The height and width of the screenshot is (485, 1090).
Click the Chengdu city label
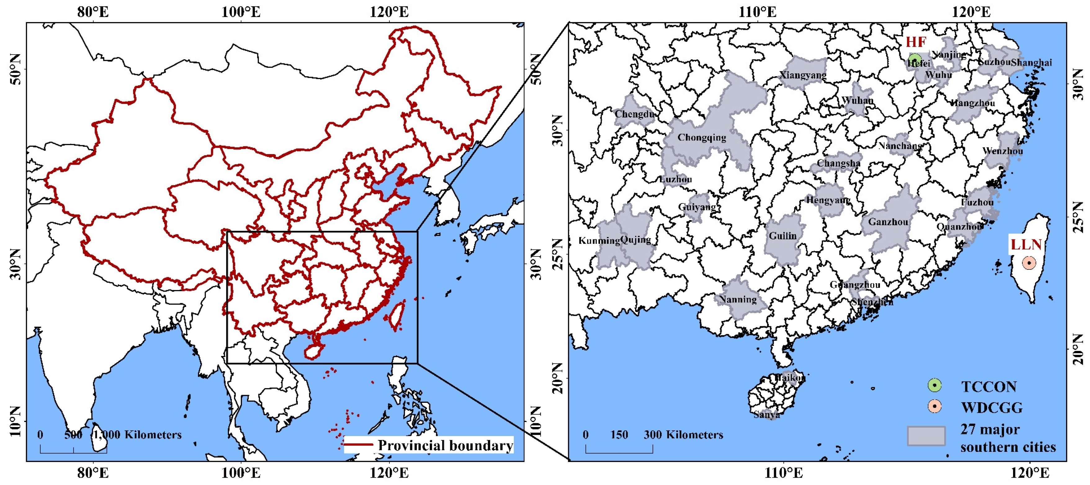click(634, 114)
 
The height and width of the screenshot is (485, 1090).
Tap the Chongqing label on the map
click(702, 137)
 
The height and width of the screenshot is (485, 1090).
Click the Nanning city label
click(738, 299)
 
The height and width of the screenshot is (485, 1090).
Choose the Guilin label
click(783, 236)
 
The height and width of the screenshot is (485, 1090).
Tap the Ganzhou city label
click(888, 222)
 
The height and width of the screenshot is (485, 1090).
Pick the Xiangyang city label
click(803, 75)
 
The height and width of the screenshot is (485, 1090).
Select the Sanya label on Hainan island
click(767, 414)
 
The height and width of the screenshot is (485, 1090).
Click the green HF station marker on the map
click(915, 59)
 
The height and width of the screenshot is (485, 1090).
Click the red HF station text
click(916, 42)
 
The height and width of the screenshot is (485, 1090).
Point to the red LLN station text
click(1026, 244)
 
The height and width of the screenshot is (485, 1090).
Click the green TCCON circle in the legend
click(934, 385)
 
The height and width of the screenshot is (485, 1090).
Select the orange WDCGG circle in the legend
click(934, 406)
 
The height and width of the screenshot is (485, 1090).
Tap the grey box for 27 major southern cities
click(926, 436)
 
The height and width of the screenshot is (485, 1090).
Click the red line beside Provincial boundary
click(358, 444)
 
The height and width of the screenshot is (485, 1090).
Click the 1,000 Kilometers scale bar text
click(137, 435)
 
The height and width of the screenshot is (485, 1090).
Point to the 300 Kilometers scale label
click(683, 435)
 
